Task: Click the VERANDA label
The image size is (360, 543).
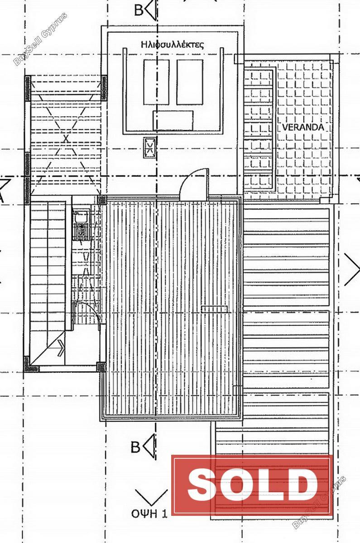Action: (x=303, y=127)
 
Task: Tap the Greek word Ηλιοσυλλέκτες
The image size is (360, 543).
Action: (x=172, y=45)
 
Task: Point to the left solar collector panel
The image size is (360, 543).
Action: (x=156, y=82)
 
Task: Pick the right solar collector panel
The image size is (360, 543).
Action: (x=190, y=82)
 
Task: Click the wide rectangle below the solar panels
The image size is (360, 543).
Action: (x=173, y=120)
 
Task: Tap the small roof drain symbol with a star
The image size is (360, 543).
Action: (x=149, y=148)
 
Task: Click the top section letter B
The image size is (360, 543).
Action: (x=139, y=11)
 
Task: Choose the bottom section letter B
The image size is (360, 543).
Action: (x=135, y=447)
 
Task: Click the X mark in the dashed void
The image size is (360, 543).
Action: (x=66, y=139)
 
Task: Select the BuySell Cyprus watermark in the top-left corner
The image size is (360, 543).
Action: (x=40, y=39)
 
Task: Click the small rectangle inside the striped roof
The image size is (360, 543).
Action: (x=214, y=309)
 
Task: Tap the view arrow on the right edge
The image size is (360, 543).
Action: (x=352, y=270)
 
